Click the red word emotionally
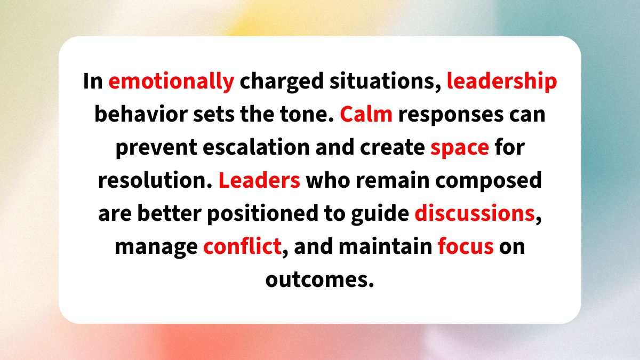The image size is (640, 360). [x=171, y=82]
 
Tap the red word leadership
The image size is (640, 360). [x=502, y=82]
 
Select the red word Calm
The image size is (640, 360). [x=366, y=115]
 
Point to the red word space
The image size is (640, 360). [x=459, y=148]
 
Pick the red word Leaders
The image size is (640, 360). [x=260, y=180]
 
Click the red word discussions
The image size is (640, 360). [x=475, y=213]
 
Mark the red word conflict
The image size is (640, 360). [x=242, y=246]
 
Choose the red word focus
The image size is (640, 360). [x=465, y=246]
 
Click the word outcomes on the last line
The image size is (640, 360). [x=319, y=279]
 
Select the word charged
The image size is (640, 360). [x=281, y=82]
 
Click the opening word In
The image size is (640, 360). [x=94, y=82]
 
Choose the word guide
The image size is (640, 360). [x=382, y=213]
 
